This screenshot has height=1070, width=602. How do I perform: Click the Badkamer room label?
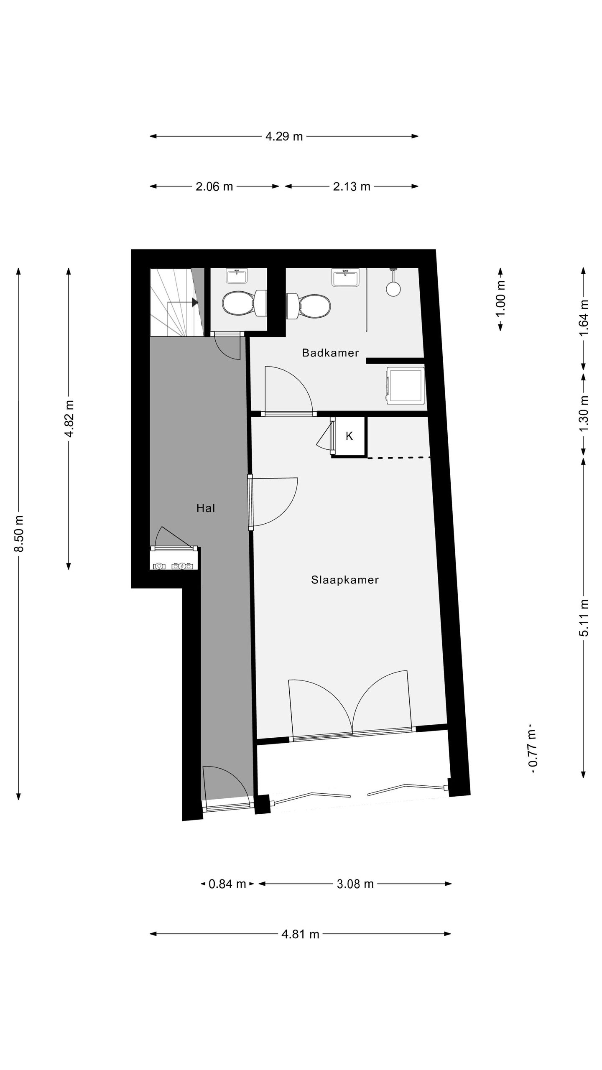330,353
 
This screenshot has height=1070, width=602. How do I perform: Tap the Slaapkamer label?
344,580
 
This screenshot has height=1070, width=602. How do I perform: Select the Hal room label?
206,508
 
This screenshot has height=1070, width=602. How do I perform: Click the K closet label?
349,436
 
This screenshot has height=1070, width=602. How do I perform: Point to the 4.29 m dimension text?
284,137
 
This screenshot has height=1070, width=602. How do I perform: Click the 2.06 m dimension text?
214,187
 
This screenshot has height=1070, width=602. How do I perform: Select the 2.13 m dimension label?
352,187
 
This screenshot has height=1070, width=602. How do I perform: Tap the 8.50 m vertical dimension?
19,534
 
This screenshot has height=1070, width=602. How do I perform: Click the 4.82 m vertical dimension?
69,419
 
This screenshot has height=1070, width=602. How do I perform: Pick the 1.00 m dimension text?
500,299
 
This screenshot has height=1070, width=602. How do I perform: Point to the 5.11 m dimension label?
584,618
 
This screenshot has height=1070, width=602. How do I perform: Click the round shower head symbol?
393,288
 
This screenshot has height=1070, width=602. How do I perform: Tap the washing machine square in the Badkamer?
405,386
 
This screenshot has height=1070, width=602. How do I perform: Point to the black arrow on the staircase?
194,302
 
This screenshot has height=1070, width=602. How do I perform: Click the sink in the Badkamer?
345,278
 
